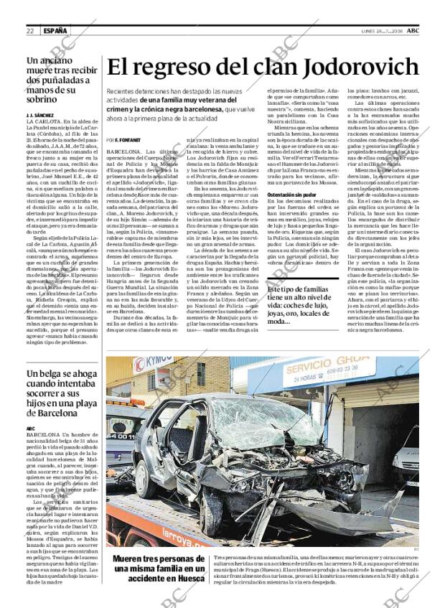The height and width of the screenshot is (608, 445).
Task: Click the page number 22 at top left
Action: pyautogui.click(x=30, y=31)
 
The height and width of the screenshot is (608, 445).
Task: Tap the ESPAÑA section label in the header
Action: pyautogui.click(x=55, y=31)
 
